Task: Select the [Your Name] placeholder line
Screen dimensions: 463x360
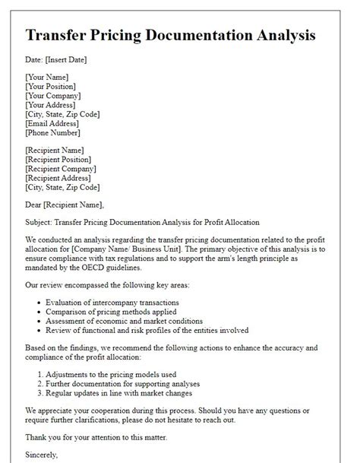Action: (x=47, y=78)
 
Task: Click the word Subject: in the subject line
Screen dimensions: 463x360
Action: (x=42, y=222)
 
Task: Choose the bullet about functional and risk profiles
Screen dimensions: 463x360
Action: (x=148, y=331)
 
